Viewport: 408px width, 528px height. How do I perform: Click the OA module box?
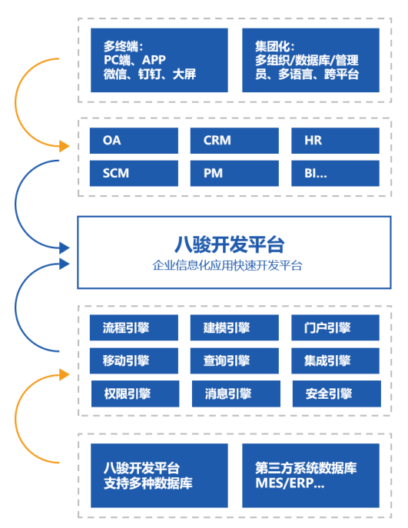[x=134, y=141]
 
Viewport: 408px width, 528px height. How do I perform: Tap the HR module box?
[x=335, y=141]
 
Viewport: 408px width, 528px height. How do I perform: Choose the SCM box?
[x=134, y=173]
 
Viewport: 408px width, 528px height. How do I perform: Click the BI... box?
[x=335, y=173]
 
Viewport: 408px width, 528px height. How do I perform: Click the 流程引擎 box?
[x=134, y=328]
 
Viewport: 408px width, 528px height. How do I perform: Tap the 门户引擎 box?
[x=335, y=328]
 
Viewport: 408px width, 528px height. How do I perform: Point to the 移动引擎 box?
[x=134, y=360]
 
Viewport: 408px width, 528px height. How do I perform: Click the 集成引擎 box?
[x=335, y=360]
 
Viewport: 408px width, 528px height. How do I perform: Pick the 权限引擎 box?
[x=134, y=394]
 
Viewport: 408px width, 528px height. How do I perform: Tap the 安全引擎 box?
[x=335, y=394]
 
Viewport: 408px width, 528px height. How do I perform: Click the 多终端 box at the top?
[x=159, y=60]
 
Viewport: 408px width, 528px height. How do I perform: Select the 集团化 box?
[x=310, y=60]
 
